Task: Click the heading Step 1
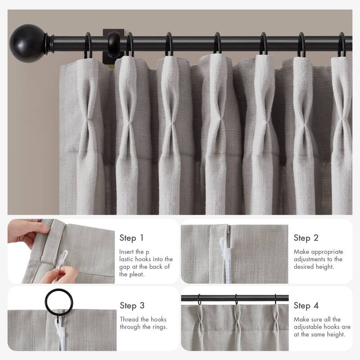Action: point(132,238)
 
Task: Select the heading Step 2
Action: point(306,238)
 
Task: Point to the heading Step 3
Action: point(132,306)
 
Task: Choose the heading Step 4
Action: point(306,306)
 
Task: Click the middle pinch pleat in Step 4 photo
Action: point(236,317)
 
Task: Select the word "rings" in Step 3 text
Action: point(158,327)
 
